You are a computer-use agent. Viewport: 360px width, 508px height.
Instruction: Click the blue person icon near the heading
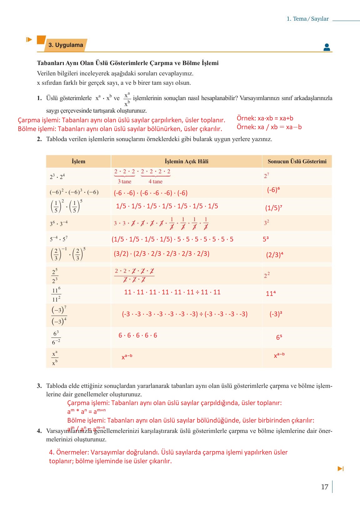coord(327,47)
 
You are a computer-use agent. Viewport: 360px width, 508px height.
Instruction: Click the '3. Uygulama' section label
coord(66,45)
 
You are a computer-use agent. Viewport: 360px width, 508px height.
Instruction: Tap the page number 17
coord(324,487)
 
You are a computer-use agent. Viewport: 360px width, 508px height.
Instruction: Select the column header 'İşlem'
coord(78,161)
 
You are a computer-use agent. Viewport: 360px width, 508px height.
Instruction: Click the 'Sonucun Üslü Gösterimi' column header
coord(297,161)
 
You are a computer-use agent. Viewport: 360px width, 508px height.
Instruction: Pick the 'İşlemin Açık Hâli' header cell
coord(186,161)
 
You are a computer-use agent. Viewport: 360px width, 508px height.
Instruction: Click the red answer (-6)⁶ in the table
coord(273,190)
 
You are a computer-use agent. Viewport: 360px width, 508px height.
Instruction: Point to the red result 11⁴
coord(271,293)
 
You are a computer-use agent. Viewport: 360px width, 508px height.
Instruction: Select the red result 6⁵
coord(279,337)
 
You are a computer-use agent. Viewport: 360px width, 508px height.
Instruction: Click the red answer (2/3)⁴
coord(275,255)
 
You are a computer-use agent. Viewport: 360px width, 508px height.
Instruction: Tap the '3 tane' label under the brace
coord(124,181)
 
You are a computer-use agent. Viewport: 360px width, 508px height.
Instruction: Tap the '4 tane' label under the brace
coord(155,181)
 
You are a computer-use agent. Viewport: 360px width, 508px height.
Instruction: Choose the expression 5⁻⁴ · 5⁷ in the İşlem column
coord(59,239)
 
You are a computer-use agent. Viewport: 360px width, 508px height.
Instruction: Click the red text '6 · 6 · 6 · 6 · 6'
coord(138,335)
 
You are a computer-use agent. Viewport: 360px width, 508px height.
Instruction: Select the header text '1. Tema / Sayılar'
coord(307,19)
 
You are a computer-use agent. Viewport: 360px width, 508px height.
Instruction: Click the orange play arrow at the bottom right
coord(341,469)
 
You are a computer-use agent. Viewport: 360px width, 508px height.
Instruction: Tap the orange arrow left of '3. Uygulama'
coord(29,40)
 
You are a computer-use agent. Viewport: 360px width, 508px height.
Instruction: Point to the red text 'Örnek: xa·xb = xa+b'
coord(265,118)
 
